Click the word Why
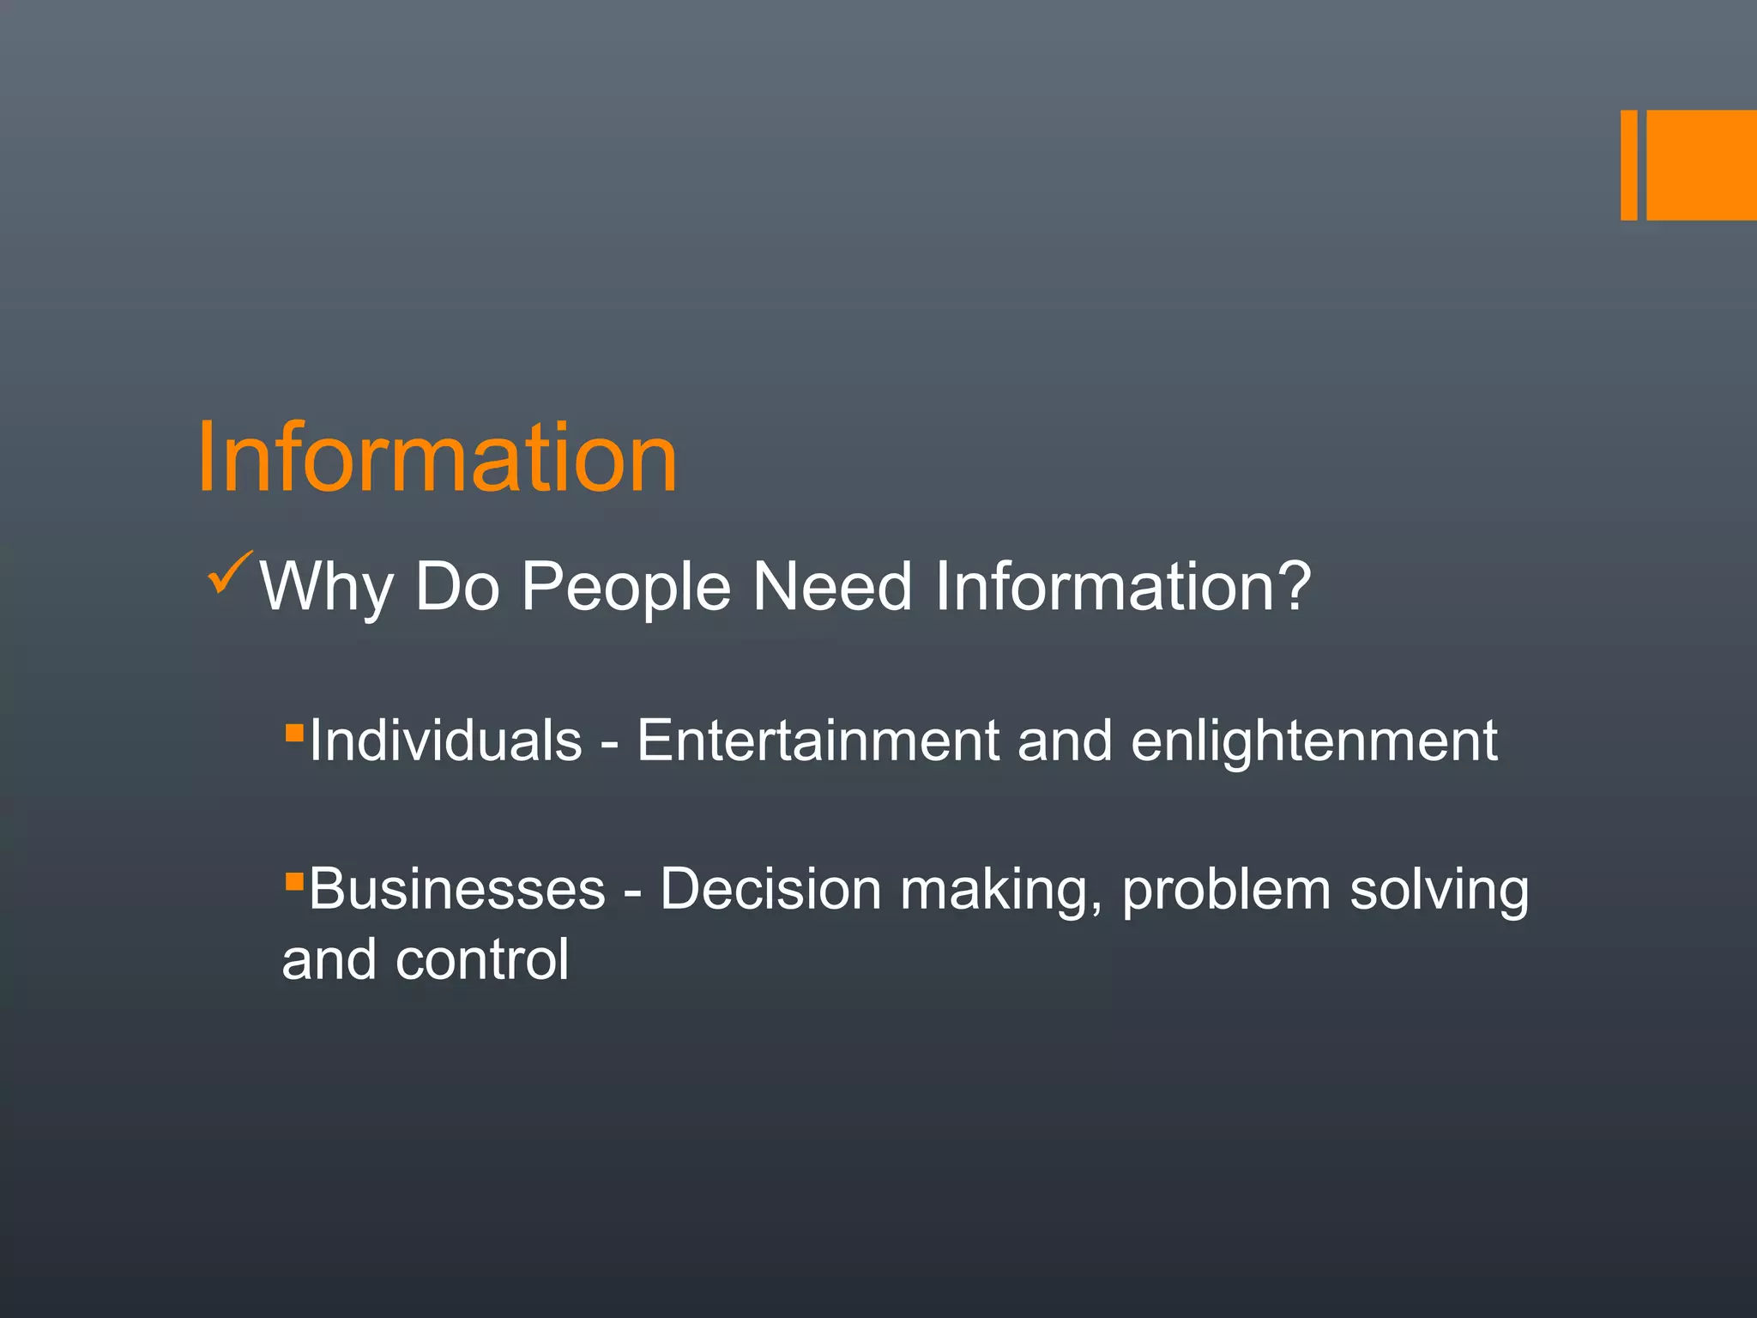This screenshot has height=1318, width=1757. click(327, 588)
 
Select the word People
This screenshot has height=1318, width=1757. click(626, 588)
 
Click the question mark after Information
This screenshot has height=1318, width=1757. click(1294, 584)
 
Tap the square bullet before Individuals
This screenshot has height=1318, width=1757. click(294, 733)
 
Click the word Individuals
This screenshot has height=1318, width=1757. click(445, 741)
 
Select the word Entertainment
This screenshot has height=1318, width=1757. click(818, 741)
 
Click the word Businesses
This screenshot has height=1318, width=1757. click(457, 889)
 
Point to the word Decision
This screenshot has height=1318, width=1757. click(770, 889)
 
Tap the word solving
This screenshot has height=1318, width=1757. click(1439, 891)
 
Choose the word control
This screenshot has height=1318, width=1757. click(482, 959)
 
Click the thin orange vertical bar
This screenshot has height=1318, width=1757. click(1628, 165)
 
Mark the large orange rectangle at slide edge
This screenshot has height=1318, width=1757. click(1701, 165)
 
